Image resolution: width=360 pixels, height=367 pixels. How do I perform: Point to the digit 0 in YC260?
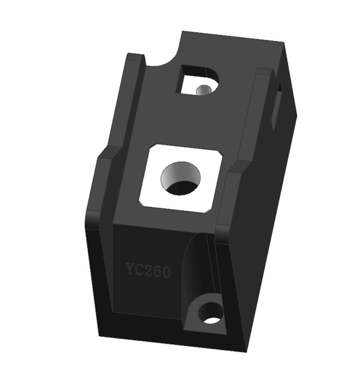click(165, 272)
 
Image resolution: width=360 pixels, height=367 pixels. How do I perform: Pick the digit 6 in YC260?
click(156, 271)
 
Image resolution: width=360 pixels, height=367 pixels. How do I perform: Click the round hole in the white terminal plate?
click(181, 179)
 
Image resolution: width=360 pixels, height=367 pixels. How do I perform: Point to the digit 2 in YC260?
click(148, 270)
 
